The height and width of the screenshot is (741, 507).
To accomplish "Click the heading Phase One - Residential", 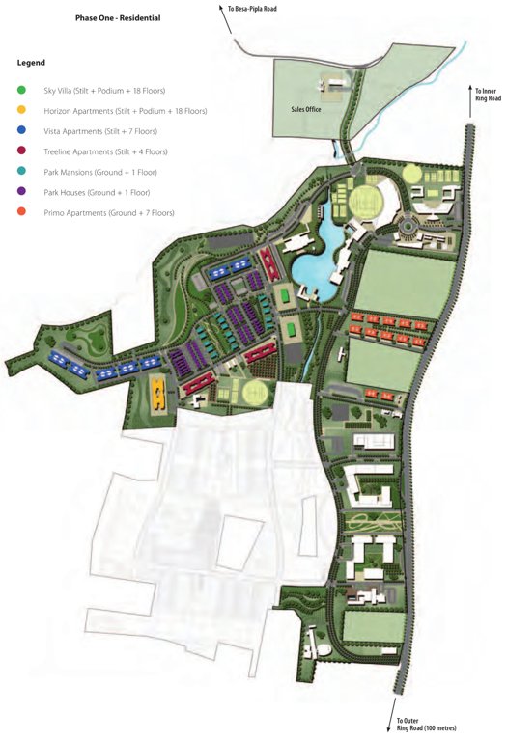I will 118,18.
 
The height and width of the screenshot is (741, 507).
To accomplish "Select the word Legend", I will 31,63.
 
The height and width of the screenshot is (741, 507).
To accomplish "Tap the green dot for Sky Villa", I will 21,91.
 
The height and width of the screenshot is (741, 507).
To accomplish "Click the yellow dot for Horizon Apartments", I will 21,111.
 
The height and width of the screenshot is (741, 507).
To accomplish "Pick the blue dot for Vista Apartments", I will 21,131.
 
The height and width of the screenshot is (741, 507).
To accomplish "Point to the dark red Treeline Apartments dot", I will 21,151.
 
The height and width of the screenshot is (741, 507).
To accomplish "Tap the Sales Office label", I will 306,110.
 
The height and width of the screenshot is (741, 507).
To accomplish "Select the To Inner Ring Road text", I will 487,95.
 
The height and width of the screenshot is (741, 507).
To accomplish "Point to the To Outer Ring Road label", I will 426,724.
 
